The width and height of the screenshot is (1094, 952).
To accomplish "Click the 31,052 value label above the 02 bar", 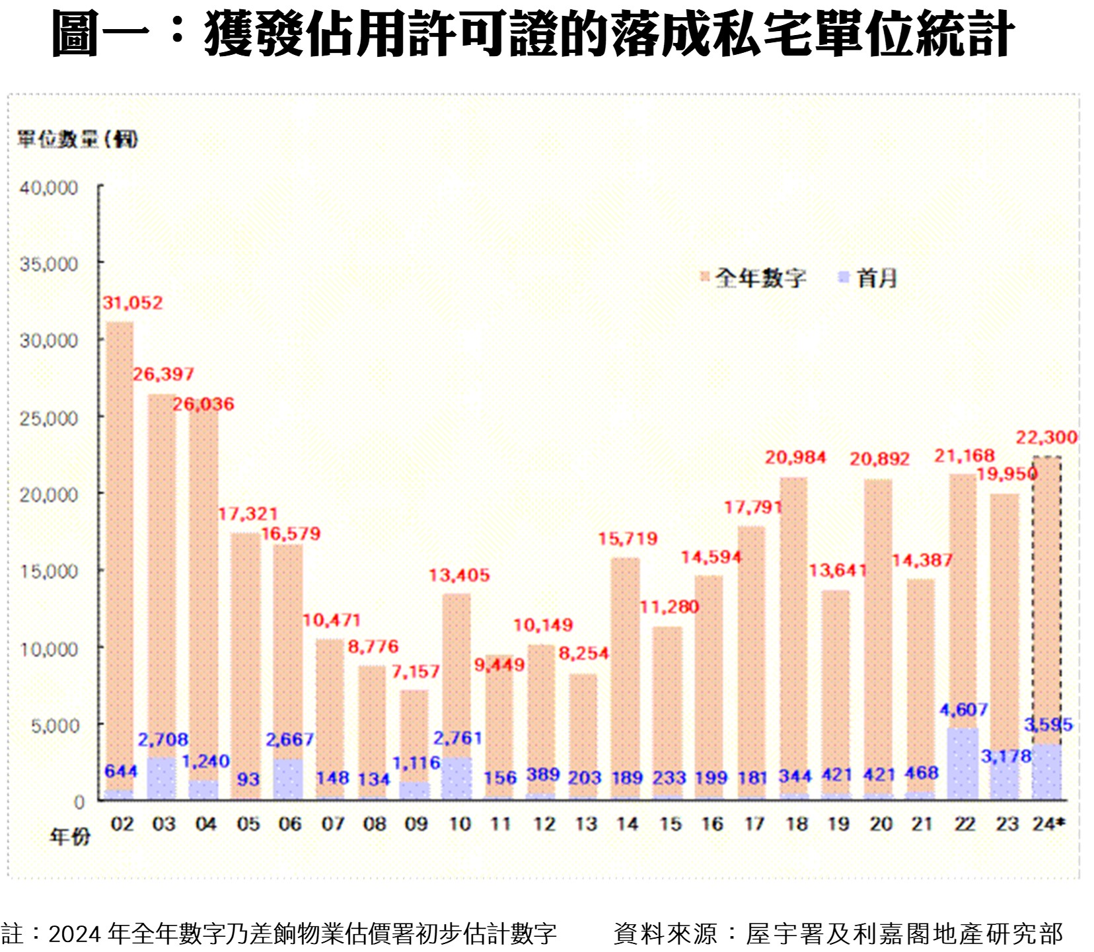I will (x=132, y=303).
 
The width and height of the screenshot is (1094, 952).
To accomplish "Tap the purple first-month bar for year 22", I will (x=963, y=764).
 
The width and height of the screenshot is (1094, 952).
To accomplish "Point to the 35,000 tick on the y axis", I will (x=49, y=264).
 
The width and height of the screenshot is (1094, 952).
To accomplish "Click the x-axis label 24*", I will (x=1049, y=824).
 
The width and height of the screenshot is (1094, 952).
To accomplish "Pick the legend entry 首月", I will (x=876, y=278).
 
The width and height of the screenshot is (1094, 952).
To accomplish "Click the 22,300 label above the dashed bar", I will (x=1046, y=438).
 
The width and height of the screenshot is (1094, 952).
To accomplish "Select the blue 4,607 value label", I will (x=963, y=710).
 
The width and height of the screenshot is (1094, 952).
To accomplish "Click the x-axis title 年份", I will (x=70, y=837).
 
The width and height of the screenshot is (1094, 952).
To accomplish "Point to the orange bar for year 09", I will (x=414, y=734).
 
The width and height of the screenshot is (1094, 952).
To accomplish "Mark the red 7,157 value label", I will (x=415, y=672).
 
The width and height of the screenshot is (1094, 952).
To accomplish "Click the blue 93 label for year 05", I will (x=248, y=779).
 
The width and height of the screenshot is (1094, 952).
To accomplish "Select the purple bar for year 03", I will (x=161, y=778).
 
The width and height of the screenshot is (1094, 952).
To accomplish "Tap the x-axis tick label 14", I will (x=627, y=824).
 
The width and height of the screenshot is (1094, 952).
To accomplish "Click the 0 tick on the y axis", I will (x=79, y=802).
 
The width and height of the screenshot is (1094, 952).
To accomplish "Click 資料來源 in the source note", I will (x=665, y=934).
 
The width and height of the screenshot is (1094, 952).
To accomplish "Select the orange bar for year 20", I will (x=878, y=635).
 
